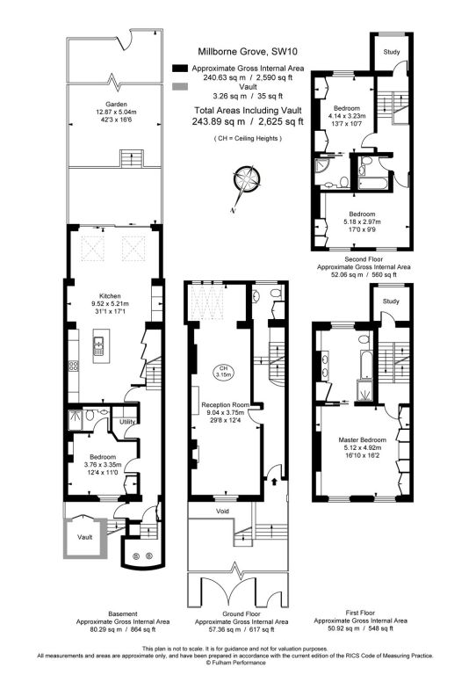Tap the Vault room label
pos(84,537)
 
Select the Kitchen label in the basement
pos(110,296)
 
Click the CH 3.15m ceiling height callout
pos(223,372)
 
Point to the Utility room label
pos(127,422)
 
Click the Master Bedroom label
pos(362,440)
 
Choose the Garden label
pos(116,105)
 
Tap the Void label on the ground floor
pos(222,512)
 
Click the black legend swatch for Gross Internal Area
pos(180,69)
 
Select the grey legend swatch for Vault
pos(180,87)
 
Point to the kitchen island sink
pos(99,346)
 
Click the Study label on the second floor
pos(392,52)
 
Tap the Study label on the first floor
pos(391,301)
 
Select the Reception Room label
pos(226,405)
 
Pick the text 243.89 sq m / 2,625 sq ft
pos(248,121)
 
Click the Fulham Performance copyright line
pos(235,663)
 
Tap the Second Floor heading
pos(364,259)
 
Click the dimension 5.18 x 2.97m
pos(362,221)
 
